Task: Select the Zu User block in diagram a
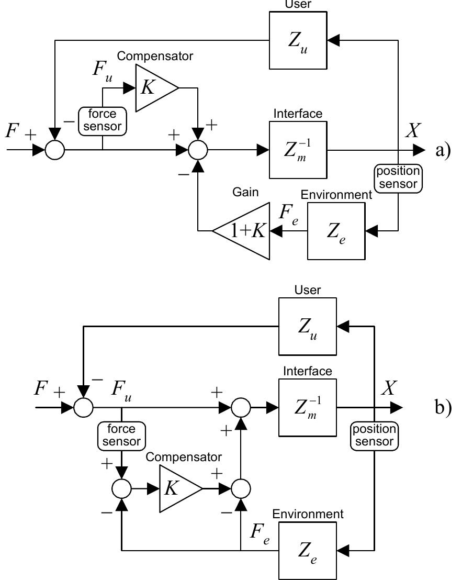[298, 40]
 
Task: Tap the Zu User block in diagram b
[307, 327]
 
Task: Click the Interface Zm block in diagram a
[298, 150]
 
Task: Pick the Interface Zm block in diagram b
[307, 407]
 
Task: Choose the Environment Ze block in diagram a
[336, 231]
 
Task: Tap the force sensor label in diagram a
[102, 120]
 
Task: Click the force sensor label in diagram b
[121, 436]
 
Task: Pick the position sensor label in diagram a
[398, 178]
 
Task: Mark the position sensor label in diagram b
[374, 436]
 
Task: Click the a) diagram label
[442, 150]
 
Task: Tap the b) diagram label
[442, 407]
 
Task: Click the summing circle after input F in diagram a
[55, 150]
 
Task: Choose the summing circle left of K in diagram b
[121, 489]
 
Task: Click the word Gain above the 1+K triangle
[245, 192]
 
